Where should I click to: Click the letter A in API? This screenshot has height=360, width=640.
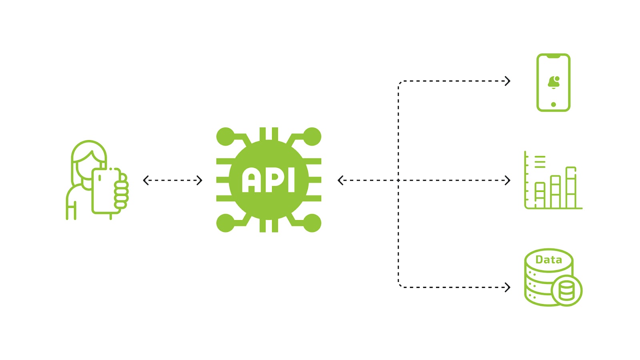click(251, 180)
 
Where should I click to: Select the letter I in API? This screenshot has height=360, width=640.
click(291, 180)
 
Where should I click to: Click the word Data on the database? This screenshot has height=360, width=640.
click(548, 260)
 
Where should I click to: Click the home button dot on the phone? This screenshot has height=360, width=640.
click(553, 104)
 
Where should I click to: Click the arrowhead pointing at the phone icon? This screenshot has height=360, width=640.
click(508, 81)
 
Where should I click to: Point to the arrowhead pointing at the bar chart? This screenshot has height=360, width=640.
click(508, 180)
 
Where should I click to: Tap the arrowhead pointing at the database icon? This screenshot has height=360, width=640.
click(508, 287)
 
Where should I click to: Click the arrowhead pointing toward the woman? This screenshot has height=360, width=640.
click(146, 180)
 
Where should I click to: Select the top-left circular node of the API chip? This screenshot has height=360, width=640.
click(225, 137)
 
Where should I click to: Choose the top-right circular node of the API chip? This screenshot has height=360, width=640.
click(312, 137)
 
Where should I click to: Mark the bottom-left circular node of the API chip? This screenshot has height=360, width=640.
click(225, 223)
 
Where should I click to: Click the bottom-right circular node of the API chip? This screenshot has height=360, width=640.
click(312, 223)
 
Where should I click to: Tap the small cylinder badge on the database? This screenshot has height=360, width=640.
click(566, 290)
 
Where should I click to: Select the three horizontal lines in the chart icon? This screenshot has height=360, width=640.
click(540, 162)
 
